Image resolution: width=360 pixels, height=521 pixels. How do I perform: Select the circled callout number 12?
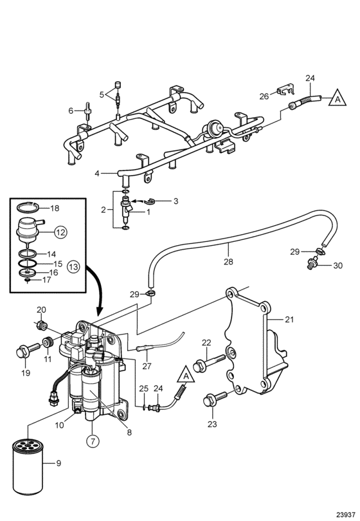point(60,232)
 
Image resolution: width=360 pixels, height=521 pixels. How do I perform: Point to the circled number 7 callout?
point(93,441)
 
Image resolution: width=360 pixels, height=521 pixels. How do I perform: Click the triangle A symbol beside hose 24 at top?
point(337,98)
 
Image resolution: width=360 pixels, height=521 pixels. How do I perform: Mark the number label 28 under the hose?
point(228,262)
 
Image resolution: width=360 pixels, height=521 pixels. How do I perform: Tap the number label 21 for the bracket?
point(289,320)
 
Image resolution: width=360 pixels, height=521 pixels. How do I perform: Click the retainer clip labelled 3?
point(154,201)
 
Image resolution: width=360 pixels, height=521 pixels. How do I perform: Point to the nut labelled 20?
point(42,324)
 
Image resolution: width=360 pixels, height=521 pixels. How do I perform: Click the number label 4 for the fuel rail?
point(97,173)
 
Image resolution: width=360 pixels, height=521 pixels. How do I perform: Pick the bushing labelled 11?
point(48,342)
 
